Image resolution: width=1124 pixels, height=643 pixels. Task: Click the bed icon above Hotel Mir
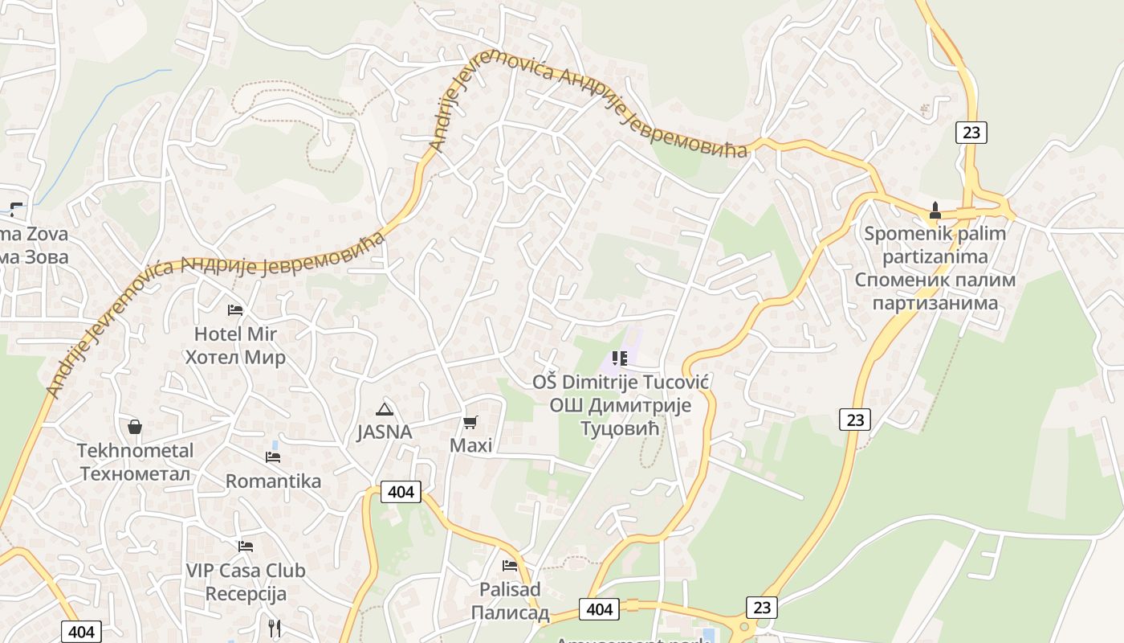[235, 309]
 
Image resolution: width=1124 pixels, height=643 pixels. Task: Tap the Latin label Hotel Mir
[235, 334]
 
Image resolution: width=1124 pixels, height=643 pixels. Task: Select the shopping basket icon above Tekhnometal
[135, 426]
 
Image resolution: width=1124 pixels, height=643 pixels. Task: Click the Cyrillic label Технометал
[136, 473]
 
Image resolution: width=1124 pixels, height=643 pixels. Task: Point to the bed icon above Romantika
[273, 457]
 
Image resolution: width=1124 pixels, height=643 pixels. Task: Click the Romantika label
[273, 481]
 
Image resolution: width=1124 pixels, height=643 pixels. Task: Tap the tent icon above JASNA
[385, 408]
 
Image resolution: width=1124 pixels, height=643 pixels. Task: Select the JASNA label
[385, 432]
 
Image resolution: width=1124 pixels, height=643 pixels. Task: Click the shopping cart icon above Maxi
[470, 422]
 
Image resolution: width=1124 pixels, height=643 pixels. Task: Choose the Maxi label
[470, 445]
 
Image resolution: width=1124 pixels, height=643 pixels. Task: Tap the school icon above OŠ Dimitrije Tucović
[619, 358]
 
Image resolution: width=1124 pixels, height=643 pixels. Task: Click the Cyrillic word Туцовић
[620, 428]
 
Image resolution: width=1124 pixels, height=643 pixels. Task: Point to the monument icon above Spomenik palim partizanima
[935, 211]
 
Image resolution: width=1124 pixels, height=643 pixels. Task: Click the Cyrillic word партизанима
[935, 303]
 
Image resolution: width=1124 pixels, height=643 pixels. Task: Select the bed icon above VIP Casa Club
[246, 547]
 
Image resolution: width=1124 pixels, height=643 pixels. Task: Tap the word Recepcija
[246, 594]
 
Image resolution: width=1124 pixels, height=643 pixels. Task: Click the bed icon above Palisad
[510, 566]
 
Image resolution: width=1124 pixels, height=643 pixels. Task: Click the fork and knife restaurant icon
[275, 628]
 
